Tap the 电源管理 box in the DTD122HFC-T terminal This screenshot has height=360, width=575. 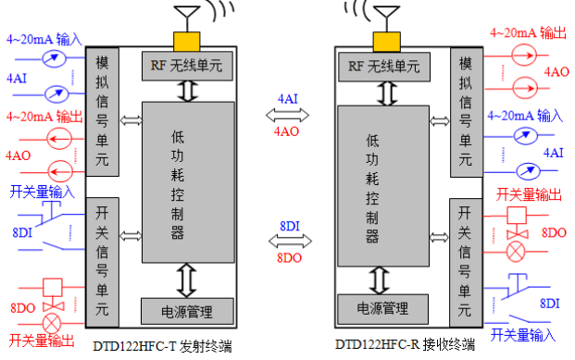185,309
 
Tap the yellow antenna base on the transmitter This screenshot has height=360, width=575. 185,40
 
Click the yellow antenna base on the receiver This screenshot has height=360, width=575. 383,40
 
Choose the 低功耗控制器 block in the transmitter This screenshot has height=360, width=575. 185,175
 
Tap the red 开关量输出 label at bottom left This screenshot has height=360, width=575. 43,341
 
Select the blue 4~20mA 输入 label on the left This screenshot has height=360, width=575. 44,40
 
